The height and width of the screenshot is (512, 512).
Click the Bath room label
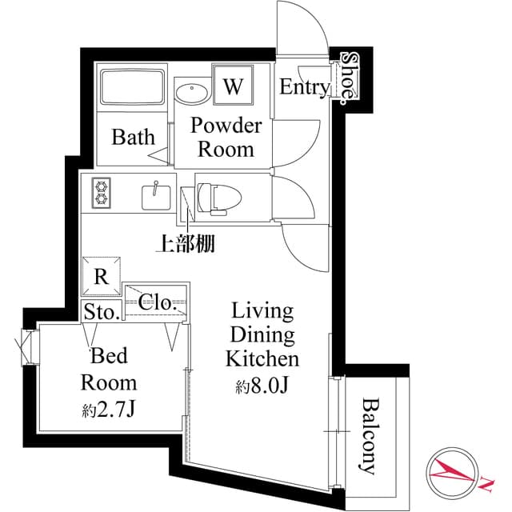tap(133, 137)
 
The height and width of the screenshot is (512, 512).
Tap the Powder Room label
tap(225, 137)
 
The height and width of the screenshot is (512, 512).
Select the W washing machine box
tap(233, 86)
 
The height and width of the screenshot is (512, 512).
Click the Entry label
tap(304, 88)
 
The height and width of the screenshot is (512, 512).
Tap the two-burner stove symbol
tap(102, 193)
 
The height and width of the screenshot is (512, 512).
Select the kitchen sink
tap(155, 194)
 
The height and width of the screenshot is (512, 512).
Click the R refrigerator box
tap(102, 277)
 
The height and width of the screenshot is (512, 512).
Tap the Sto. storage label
tap(100, 312)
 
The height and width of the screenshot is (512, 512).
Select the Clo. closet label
tap(157, 302)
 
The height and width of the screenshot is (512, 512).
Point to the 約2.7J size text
tap(110, 412)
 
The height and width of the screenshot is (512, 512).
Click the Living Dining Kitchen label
tap(262, 334)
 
